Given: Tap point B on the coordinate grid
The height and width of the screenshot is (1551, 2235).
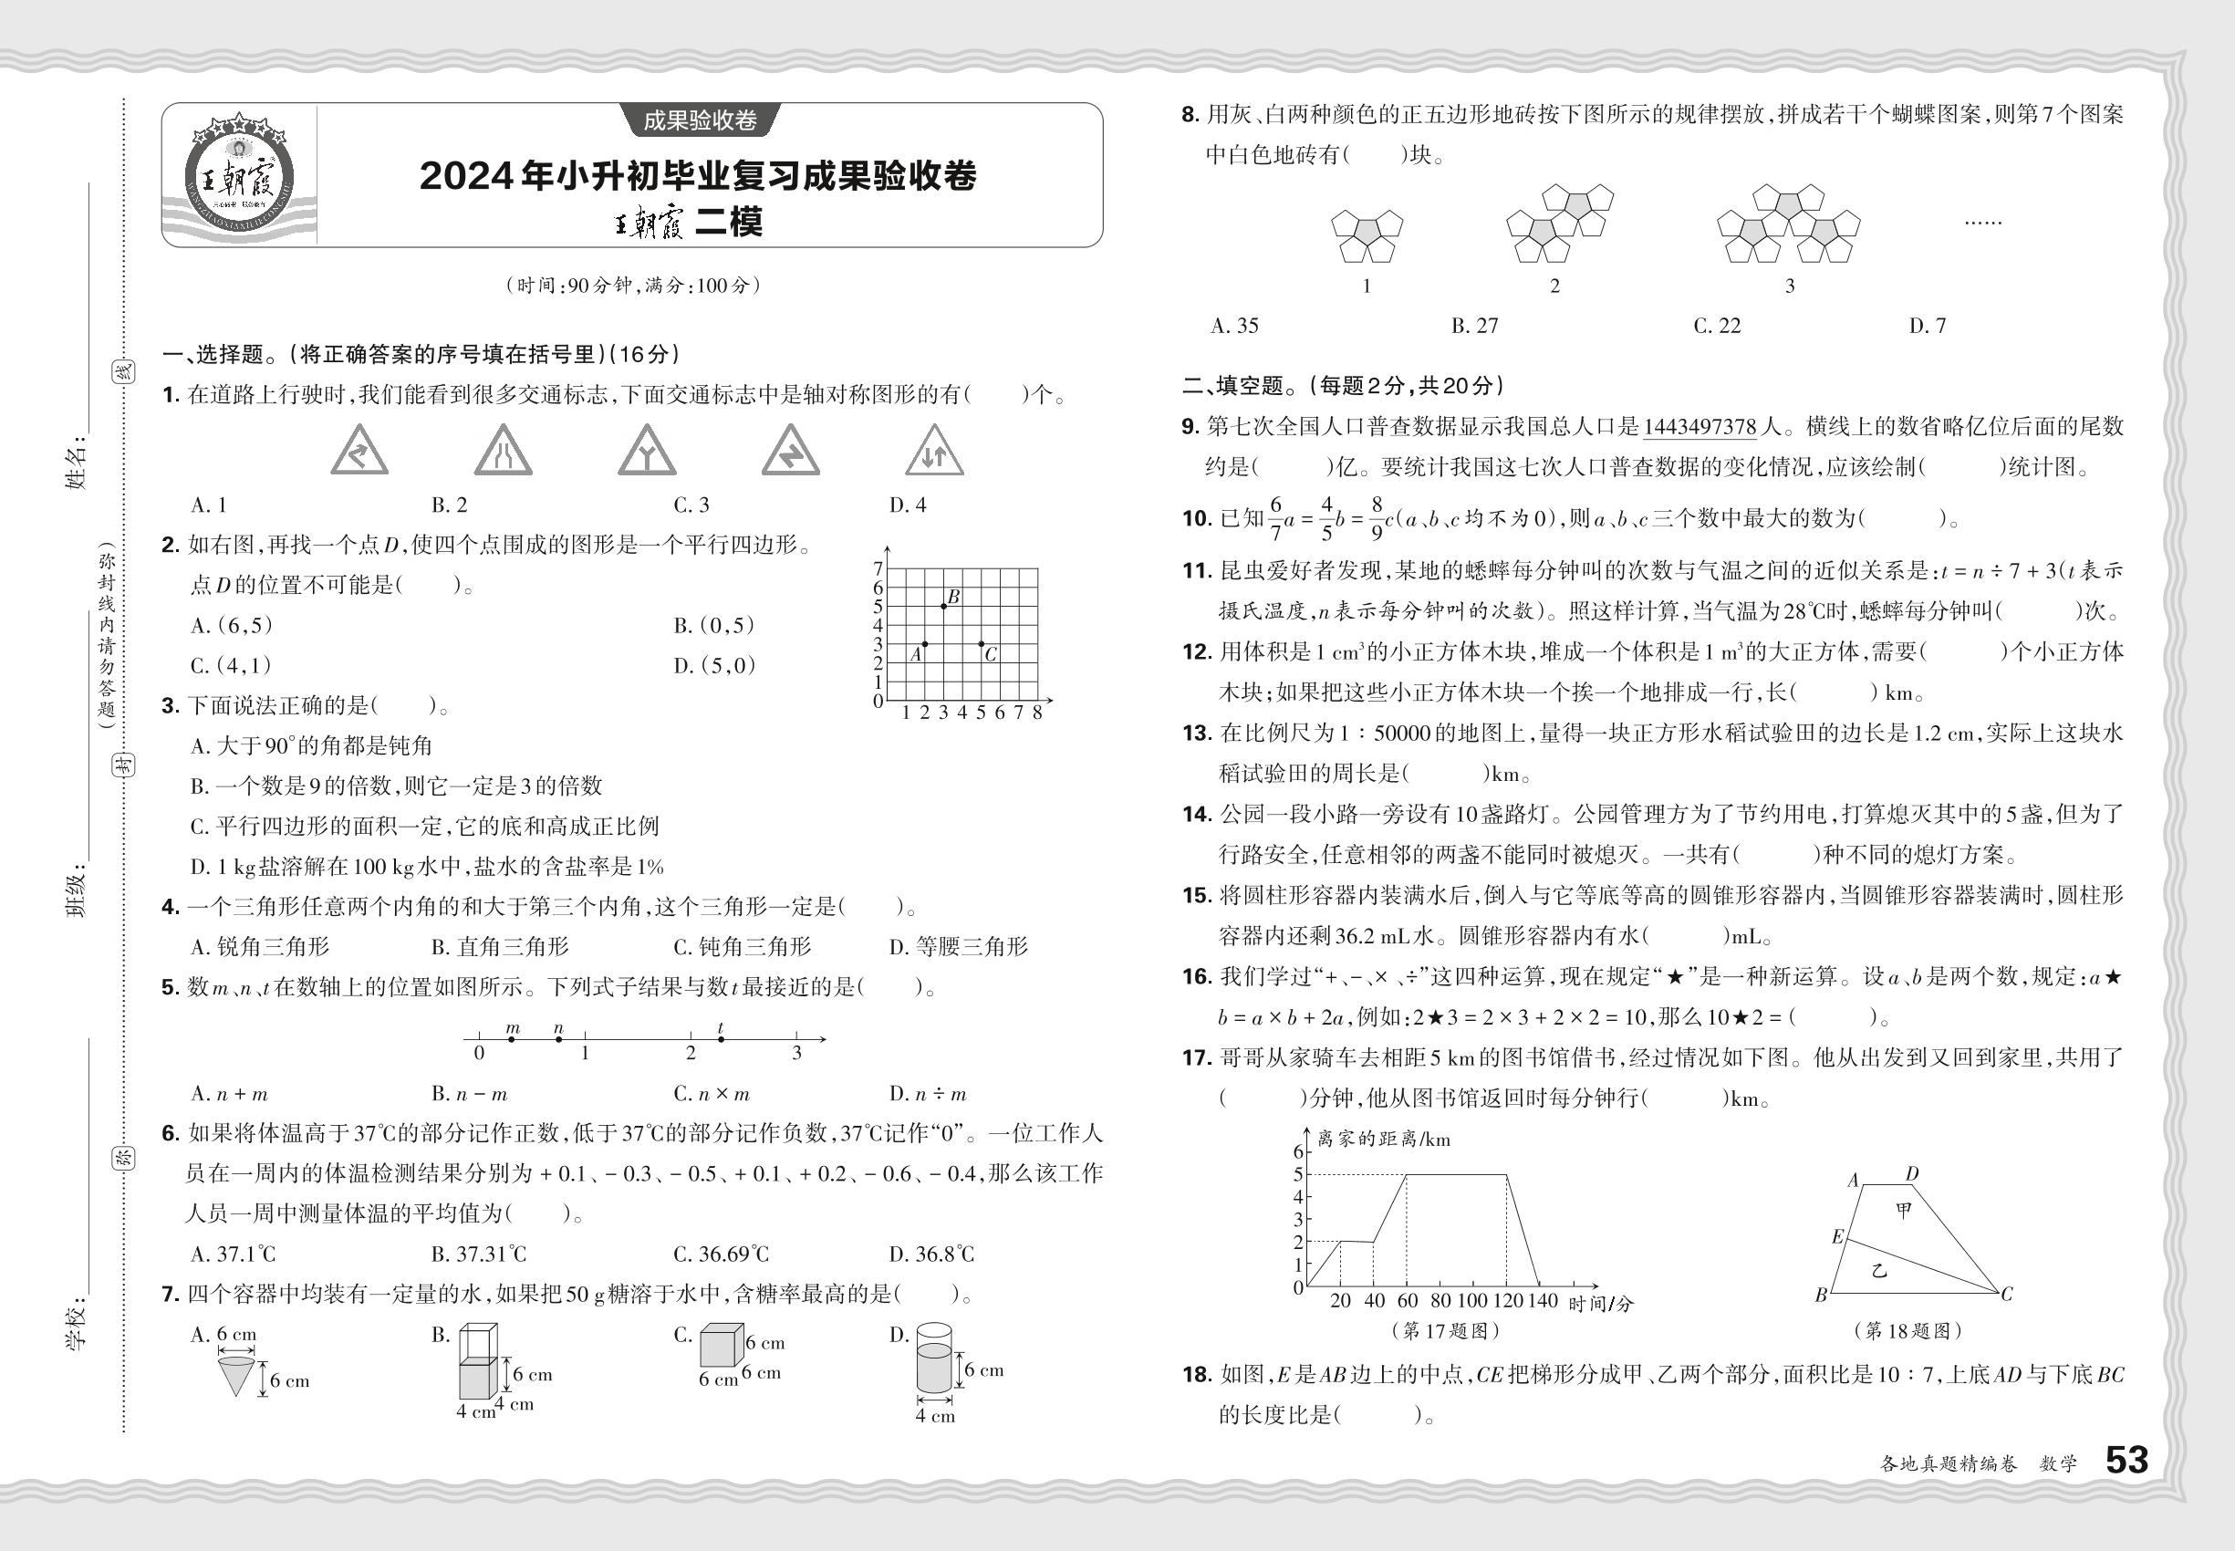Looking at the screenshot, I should [942, 607].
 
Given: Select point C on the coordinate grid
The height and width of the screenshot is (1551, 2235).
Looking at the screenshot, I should [981, 643].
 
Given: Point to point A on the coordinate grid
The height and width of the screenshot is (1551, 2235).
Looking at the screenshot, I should [924, 643].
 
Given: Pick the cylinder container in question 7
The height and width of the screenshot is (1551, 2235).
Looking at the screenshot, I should [934, 1360].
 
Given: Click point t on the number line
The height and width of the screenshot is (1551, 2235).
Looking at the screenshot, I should [721, 1039].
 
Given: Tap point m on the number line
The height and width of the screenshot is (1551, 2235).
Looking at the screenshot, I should [512, 1039].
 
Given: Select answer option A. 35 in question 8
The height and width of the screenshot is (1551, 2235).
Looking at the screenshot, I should [1234, 327].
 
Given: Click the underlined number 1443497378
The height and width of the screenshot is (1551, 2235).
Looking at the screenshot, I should [1700, 427].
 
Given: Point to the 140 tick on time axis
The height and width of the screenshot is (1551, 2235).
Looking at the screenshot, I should [1541, 1300].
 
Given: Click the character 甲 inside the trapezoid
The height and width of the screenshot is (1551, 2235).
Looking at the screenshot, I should [1903, 1210].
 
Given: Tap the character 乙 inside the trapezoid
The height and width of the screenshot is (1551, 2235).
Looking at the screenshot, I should [1878, 1270].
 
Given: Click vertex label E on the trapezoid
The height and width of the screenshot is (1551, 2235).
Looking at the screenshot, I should [1836, 1237].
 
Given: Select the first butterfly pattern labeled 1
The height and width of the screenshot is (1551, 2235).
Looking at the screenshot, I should [1367, 236].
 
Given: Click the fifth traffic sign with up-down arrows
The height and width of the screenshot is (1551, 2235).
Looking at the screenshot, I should [934, 451].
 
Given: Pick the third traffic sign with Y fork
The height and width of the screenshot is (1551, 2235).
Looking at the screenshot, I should [646, 451].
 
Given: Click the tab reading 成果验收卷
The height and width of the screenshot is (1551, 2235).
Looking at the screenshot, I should [700, 120].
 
